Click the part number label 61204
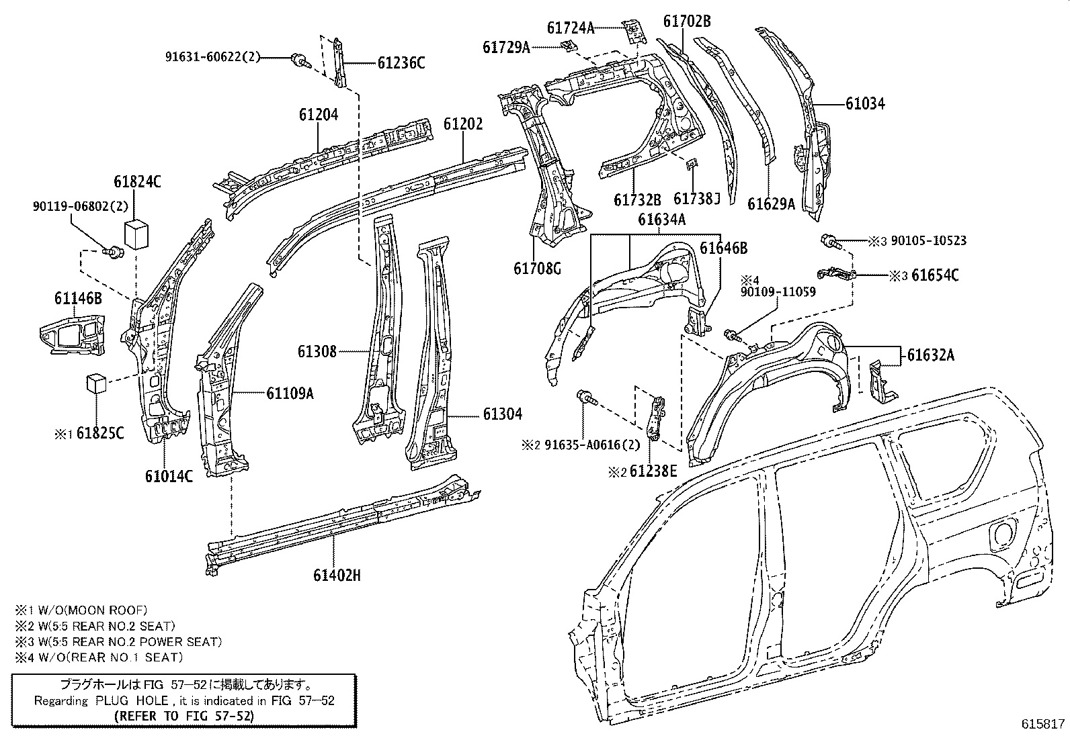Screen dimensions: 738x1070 (x=319, y=115)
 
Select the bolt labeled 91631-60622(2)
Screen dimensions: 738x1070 (x=300, y=61)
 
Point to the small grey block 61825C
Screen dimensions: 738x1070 (x=96, y=383)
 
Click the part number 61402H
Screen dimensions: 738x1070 (x=337, y=575)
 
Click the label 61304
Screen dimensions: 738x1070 (x=502, y=415)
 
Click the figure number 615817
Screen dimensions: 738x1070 (x=1043, y=724)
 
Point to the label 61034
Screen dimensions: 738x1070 (x=865, y=103)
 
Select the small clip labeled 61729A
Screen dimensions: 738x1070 (x=569, y=45)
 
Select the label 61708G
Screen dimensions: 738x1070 (x=537, y=269)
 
